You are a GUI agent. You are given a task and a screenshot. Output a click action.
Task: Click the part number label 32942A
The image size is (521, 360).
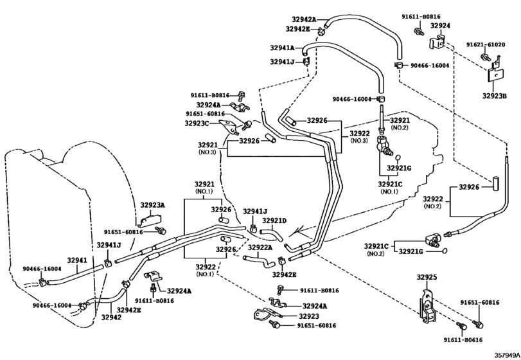pyautogui.click(x=305, y=19)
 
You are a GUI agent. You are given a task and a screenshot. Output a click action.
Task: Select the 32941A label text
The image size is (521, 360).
pyautogui.click(x=282, y=48)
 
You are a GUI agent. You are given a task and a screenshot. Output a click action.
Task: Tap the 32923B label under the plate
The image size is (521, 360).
pyautogui.click(x=495, y=96)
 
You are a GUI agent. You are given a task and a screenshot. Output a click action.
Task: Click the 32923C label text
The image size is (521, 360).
pyautogui.click(x=197, y=123)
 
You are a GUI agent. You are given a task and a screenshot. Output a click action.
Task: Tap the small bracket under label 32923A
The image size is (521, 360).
pyautogui.click(x=149, y=220)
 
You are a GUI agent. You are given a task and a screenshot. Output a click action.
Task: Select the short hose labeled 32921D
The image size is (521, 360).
pyautogui.click(x=272, y=235)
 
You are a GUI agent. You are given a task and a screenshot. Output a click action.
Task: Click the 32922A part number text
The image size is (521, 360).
pyautogui.click(x=260, y=248)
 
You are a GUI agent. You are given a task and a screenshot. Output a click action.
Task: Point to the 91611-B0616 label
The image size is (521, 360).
pyautogui.click(x=463, y=339)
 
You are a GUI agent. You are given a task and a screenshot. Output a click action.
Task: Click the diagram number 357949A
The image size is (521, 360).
pyautogui.click(x=507, y=355)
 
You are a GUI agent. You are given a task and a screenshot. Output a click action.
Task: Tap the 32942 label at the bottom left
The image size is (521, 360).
pyautogui.click(x=111, y=318)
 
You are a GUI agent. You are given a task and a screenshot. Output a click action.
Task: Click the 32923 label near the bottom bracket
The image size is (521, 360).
pyautogui.click(x=308, y=316)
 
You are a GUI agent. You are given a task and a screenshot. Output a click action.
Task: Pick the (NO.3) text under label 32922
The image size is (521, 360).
pyautogui.click(x=359, y=141)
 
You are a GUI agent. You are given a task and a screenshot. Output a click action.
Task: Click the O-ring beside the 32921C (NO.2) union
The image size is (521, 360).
pyautogui.click(x=445, y=251)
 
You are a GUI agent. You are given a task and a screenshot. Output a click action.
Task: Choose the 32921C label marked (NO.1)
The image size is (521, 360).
pyautogui.click(x=390, y=184)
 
